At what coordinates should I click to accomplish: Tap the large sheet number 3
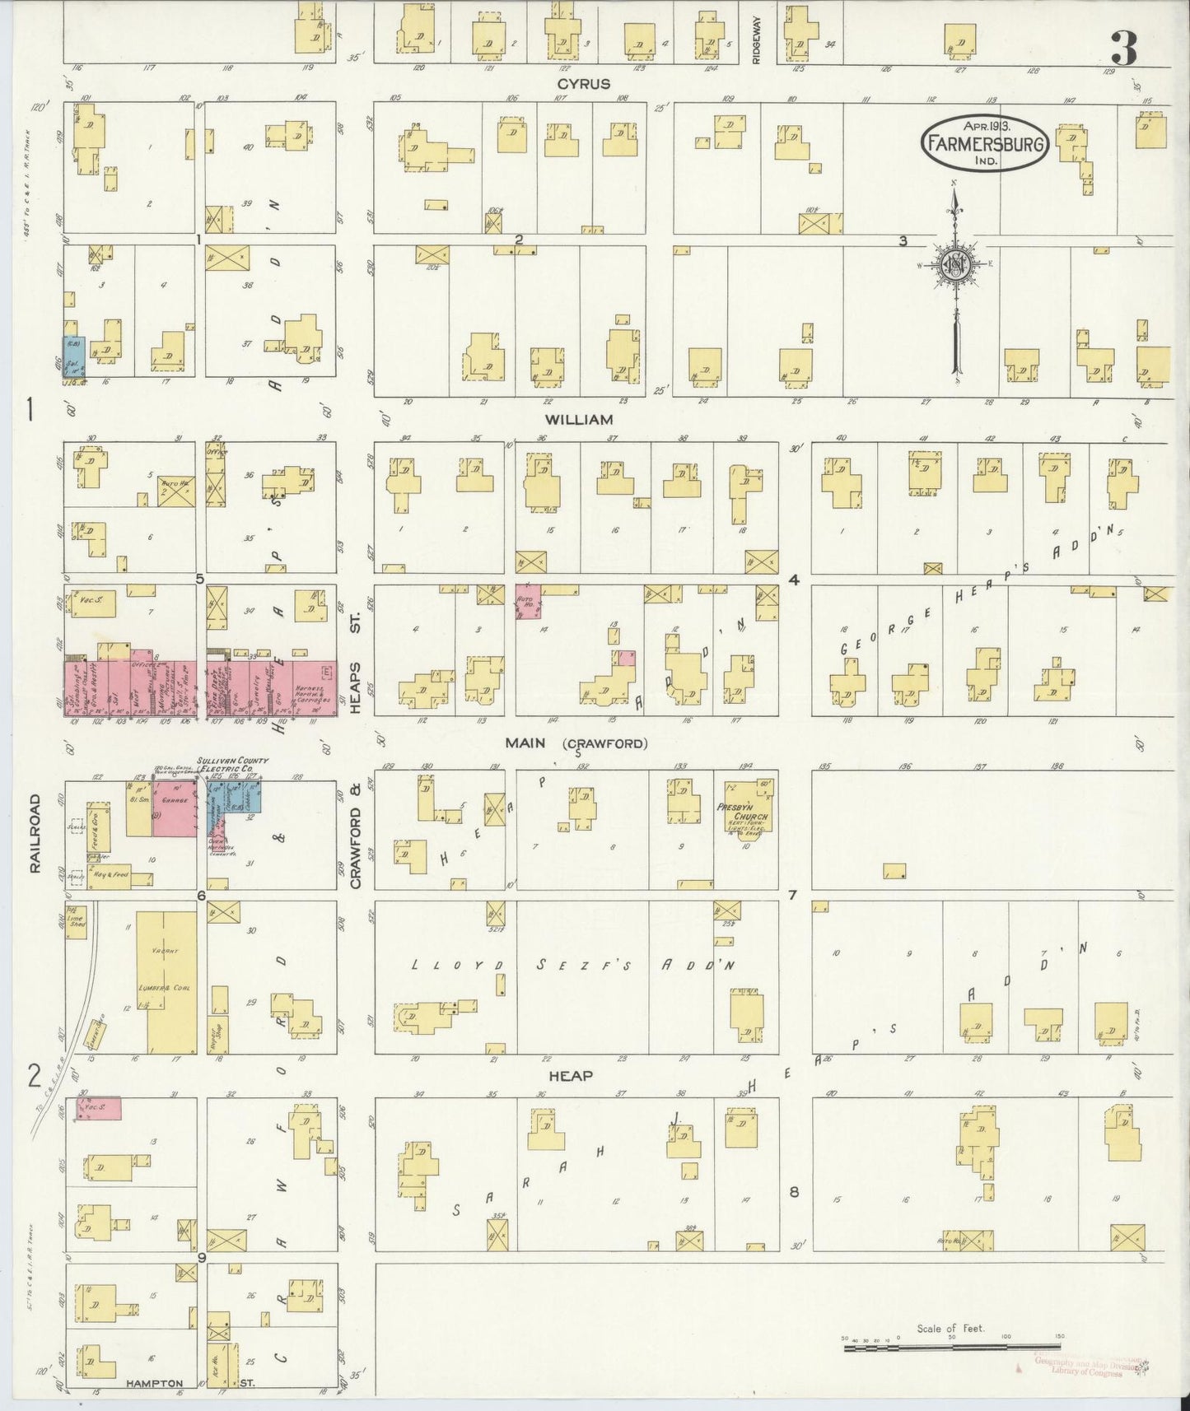(x=1123, y=49)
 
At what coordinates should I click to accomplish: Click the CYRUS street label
(x=583, y=84)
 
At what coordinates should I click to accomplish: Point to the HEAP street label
(x=572, y=1076)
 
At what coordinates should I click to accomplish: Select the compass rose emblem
(x=954, y=265)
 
